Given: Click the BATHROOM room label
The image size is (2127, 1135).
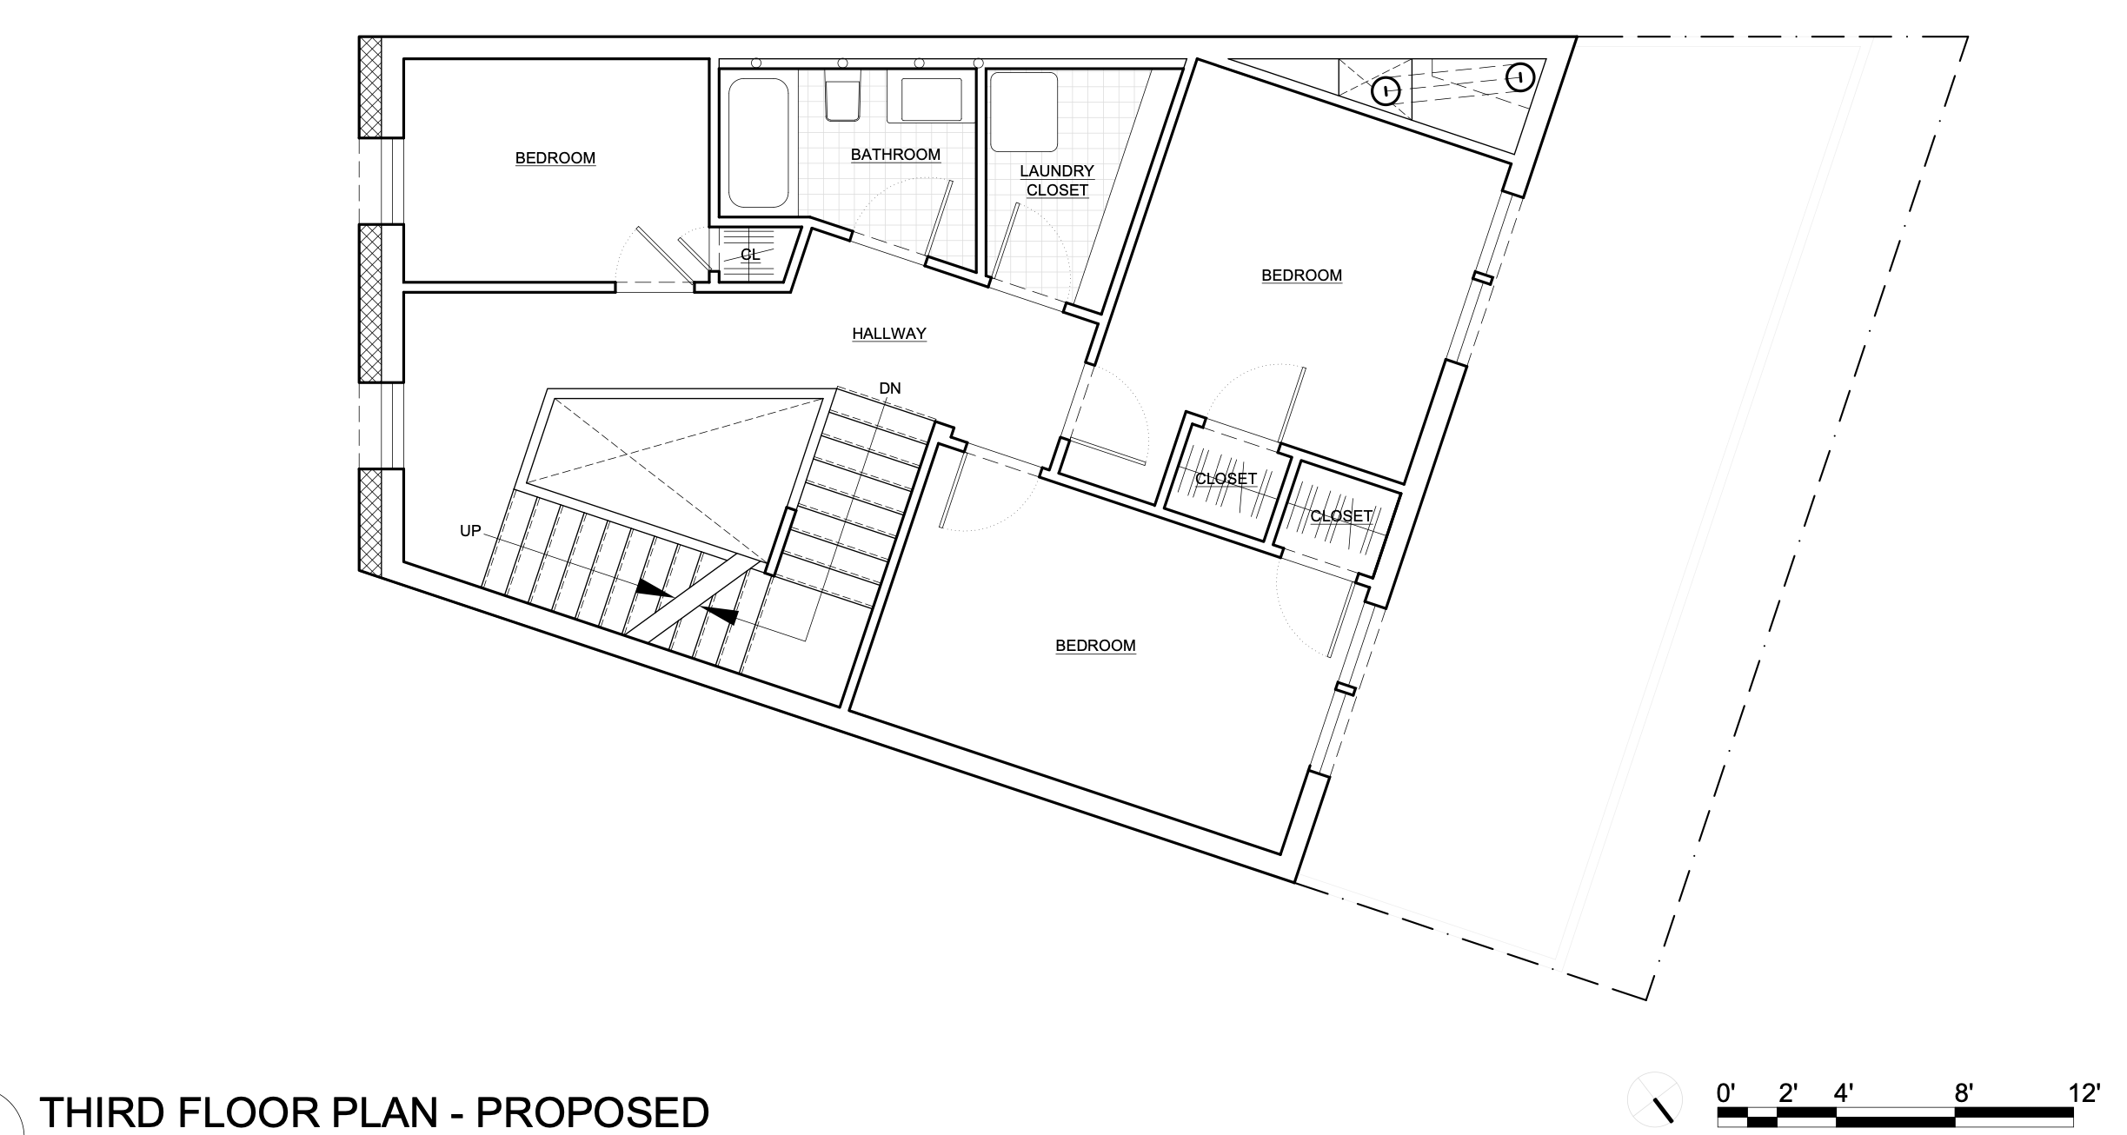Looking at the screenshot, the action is (895, 155).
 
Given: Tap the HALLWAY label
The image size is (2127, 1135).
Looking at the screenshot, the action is (889, 333).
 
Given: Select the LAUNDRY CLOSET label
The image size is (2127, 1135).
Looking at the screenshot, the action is (1057, 181).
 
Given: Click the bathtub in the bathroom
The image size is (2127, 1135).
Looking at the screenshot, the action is (759, 143).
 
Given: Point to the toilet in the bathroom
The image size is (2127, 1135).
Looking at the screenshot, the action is (842, 99).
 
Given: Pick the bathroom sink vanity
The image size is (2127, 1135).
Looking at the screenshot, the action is (931, 99).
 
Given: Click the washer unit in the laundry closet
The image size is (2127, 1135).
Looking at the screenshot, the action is (1024, 112).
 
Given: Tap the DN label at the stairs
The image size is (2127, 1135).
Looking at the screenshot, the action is (890, 388).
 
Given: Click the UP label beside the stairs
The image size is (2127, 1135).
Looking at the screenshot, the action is (470, 531).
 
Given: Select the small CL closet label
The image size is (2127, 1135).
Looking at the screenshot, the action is (750, 255).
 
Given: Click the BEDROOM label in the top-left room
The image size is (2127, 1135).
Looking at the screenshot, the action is (555, 158).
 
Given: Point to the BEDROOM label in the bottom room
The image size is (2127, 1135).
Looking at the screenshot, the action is (1095, 646).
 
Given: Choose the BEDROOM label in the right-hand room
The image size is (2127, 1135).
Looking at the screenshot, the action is (1302, 275).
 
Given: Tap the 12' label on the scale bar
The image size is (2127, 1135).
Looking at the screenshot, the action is (2084, 1092).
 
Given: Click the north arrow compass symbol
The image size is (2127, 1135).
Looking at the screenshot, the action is (1655, 1099).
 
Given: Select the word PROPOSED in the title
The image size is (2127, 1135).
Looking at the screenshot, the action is (593, 1113).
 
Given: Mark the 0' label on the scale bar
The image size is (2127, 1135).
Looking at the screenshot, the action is (1726, 1092).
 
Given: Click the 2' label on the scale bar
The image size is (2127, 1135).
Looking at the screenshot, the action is (1787, 1092).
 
